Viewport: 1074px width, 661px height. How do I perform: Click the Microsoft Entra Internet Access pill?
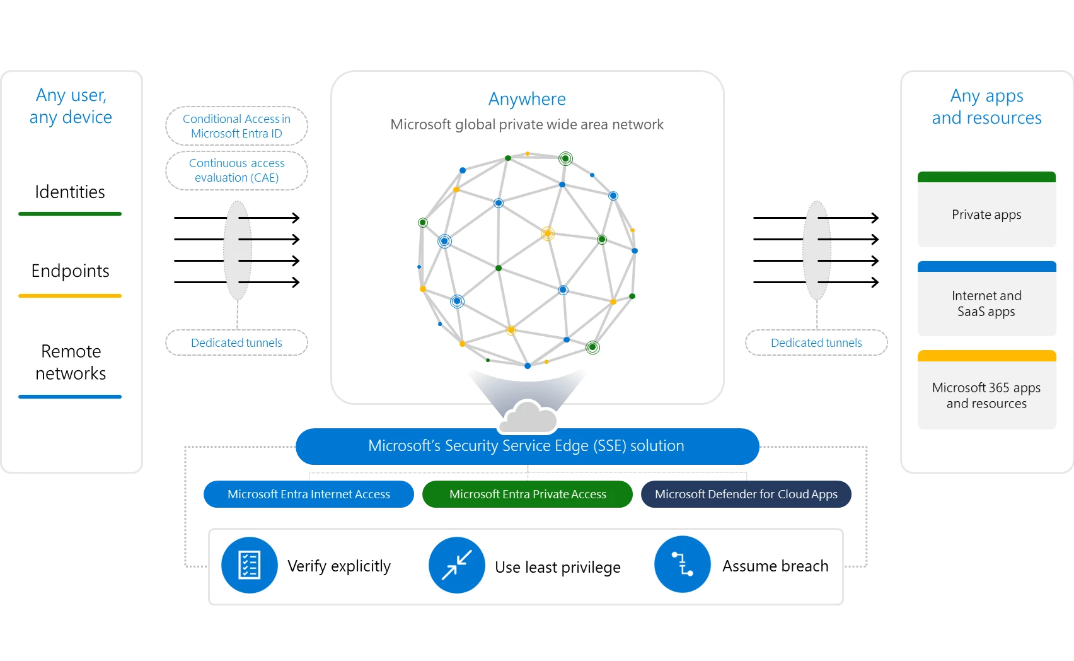(309, 494)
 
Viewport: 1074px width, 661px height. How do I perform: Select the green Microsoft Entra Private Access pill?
(528, 494)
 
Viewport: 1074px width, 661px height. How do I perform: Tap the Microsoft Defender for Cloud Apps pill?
(746, 494)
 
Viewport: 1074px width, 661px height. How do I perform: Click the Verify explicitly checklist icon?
(250, 565)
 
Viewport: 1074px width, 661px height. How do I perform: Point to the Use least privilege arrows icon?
(457, 565)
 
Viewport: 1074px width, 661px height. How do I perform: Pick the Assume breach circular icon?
(683, 564)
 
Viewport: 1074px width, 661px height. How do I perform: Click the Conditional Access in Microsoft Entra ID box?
(236, 126)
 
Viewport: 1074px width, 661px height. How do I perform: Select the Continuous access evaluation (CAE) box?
(236, 170)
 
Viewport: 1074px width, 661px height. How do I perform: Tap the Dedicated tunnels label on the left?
(236, 342)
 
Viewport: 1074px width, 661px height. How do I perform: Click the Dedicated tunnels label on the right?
(816, 342)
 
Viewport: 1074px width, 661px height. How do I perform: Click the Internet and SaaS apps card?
(986, 300)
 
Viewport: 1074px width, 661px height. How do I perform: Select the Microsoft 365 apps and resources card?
(986, 391)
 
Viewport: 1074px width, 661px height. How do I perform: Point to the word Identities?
(70, 192)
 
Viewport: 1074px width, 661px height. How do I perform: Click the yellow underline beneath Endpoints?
(70, 295)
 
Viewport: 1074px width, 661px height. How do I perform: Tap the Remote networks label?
(71, 362)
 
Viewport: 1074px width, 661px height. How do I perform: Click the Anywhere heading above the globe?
(527, 99)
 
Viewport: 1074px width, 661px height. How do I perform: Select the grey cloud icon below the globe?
(528, 417)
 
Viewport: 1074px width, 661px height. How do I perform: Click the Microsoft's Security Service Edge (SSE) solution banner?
(527, 447)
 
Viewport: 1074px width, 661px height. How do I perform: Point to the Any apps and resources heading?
(986, 107)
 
